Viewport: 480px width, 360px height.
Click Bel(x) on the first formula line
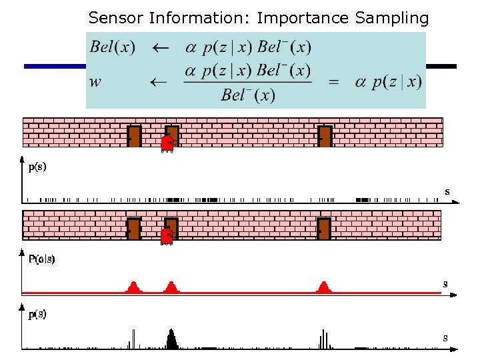point(113,48)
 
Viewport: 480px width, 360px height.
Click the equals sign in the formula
point(334,82)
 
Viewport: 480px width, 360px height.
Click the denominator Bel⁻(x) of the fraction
point(247,95)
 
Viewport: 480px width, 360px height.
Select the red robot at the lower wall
point(167,236)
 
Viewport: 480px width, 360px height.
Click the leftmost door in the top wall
point(134,136)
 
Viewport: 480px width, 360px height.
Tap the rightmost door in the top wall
point(325,136)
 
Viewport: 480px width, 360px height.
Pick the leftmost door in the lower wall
point(134,229)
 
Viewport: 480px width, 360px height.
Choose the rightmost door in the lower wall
point(324,229)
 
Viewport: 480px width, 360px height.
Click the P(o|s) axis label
point(41,259)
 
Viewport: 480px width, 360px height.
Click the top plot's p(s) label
point(37,167)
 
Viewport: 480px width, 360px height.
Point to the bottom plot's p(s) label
point(37,314)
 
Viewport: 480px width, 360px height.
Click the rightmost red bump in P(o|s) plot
point(324,287)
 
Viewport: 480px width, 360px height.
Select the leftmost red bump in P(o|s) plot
point(133,287)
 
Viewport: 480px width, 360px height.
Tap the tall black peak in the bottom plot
point(172,339)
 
